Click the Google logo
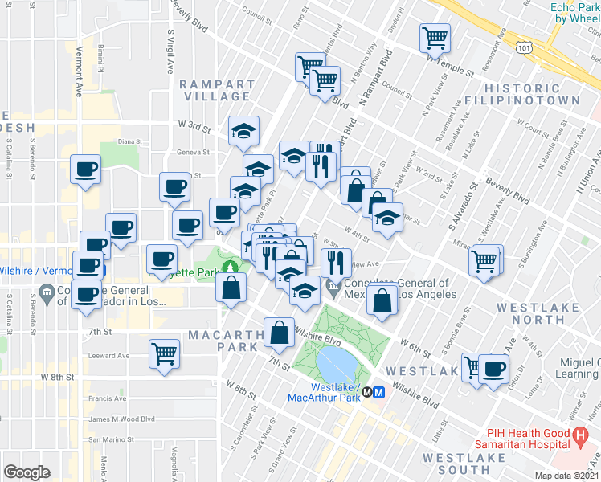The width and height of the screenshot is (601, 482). (27, 472)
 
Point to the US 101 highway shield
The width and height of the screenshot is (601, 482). (524, 48)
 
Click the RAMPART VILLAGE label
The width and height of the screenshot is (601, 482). (215, 90)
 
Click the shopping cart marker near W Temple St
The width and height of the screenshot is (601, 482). (435, 37)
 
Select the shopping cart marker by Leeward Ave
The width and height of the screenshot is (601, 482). (165, 352)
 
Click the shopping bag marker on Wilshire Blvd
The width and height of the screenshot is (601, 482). (279, 331)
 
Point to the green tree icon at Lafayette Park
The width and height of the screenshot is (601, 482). (231, 265)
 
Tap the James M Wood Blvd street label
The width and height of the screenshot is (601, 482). (121, 419)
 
